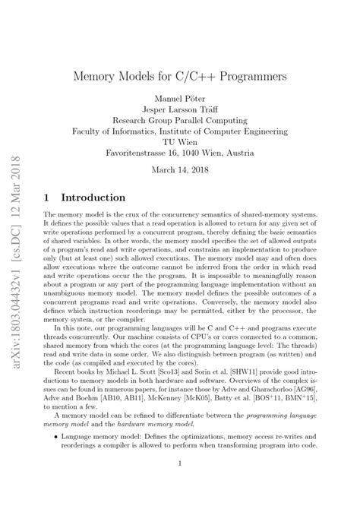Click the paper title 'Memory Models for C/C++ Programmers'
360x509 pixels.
[x=179, y=77]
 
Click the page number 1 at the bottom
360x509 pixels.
[x=179, y=483]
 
